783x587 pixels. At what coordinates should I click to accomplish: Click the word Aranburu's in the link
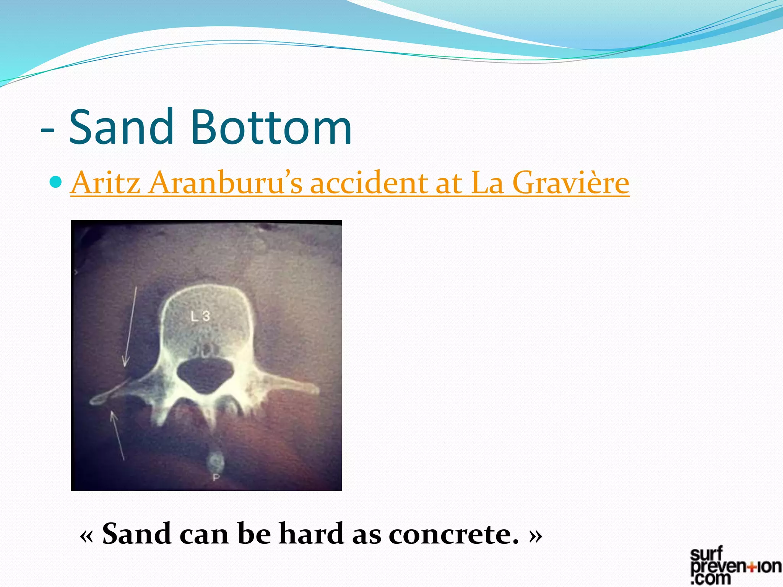226,183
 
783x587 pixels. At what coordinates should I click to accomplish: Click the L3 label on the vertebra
200,316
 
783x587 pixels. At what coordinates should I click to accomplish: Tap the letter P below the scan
216,477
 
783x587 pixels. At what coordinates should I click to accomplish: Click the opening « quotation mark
86,535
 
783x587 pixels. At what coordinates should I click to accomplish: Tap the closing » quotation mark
536,535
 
